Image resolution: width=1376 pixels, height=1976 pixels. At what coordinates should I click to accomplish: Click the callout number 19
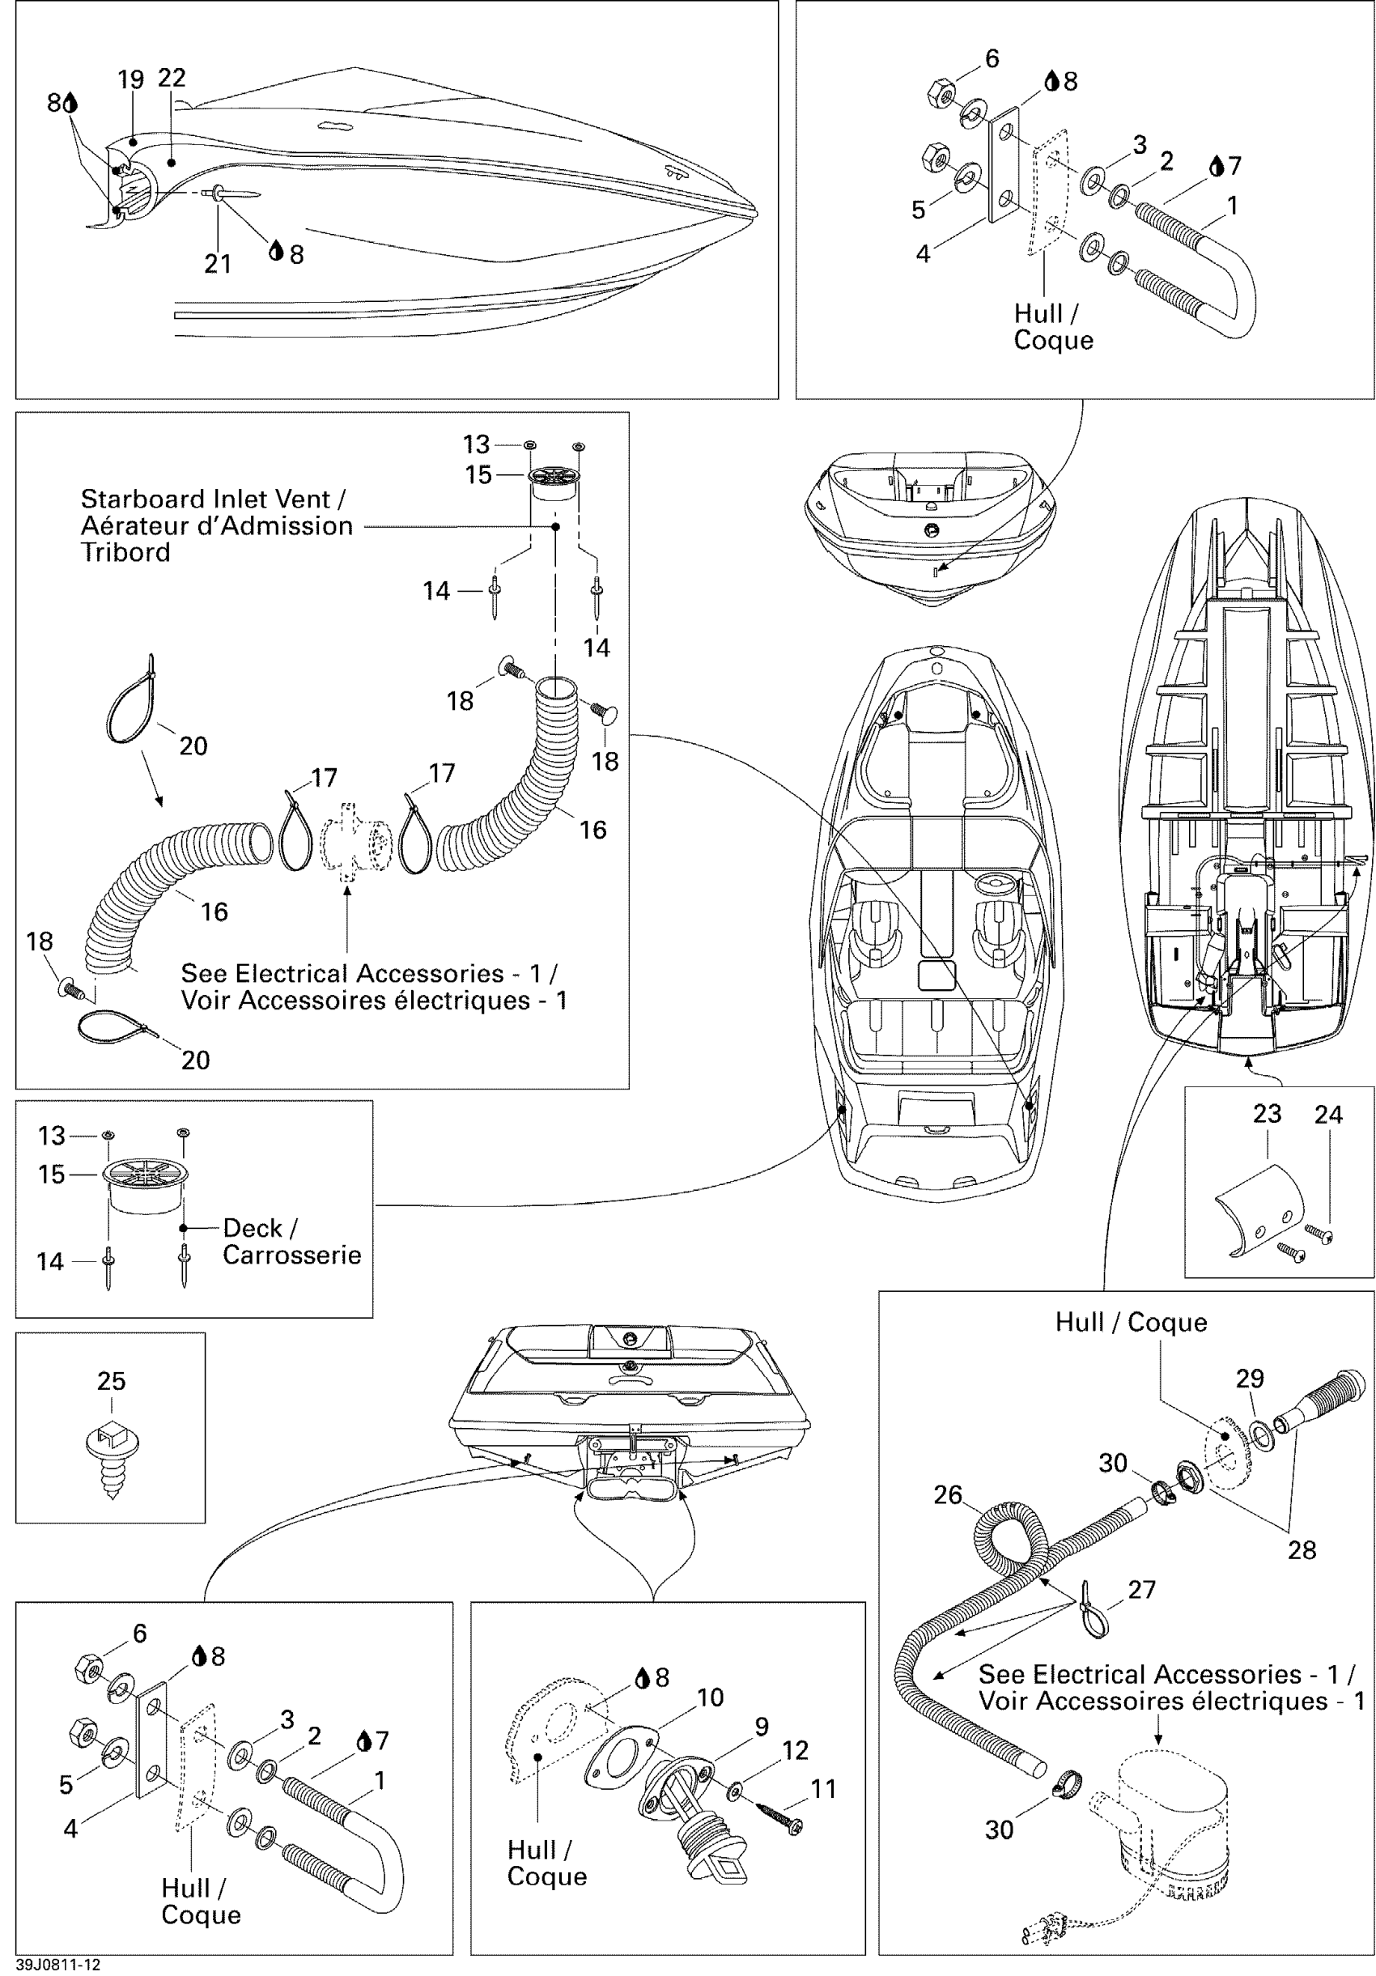click(x=131, y=80)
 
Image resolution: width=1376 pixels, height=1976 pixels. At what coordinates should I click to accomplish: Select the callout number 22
click(x=172, y=78)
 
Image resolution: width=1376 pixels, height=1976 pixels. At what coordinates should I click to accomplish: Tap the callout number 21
click(x=218, y=263)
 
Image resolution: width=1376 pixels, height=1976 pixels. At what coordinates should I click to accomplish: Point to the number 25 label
click(x=111, y=1380)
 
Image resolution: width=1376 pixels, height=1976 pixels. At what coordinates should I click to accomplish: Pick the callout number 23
click(x=1267, y=1114)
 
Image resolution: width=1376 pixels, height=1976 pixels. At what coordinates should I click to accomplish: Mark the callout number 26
click(x=948, y=1494)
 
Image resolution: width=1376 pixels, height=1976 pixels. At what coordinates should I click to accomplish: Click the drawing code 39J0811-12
click(x=57, y=1965)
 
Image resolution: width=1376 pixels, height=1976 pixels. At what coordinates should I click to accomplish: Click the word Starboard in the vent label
click(x=138, y=499)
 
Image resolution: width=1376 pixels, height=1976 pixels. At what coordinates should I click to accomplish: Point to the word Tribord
click(x=125, y=553)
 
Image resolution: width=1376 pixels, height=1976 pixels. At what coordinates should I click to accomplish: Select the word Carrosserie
click(x=291, y=1255)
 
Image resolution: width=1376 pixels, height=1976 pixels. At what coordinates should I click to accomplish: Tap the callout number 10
click(x=710, y=1698)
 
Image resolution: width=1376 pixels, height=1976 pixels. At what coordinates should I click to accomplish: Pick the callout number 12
click(x=795, y=1750)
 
